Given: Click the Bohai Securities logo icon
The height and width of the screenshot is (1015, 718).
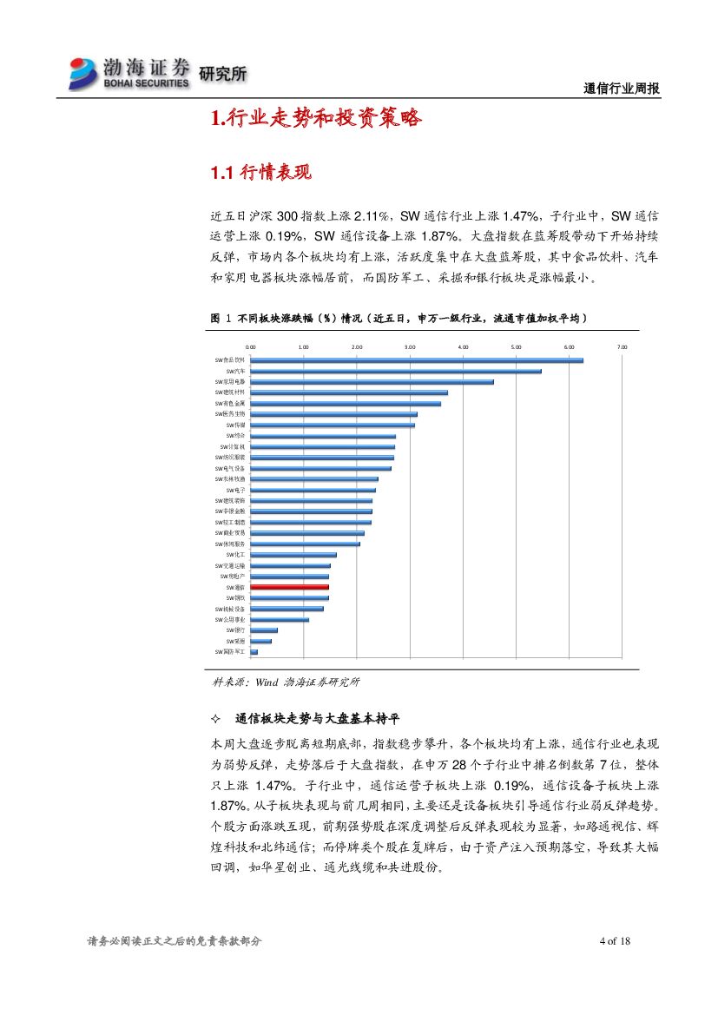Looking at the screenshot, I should tap(85, 73).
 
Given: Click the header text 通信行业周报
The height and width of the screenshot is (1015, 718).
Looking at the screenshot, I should tap(622, 89).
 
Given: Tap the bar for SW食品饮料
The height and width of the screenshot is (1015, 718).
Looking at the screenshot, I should tap(417, 360).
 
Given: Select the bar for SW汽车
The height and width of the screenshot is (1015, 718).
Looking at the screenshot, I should tap(396, 371).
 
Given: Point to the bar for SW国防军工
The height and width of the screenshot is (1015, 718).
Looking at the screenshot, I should tap(254, 651).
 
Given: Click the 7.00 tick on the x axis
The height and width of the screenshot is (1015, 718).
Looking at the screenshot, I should tap(622, 346).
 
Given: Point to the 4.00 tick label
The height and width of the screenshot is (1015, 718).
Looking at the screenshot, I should tap(463, 346).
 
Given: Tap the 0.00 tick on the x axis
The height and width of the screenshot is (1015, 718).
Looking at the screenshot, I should tap(251, 346).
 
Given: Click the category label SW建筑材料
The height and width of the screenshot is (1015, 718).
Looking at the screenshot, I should tap(230, 392).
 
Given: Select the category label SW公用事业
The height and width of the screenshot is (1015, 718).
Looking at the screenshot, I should tap(230, 620).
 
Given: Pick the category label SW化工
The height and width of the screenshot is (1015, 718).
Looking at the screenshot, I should tap(235, 554).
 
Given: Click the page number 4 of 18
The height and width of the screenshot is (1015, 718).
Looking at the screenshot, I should tap(614, 941).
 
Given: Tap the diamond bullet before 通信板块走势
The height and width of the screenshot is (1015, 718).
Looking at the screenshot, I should tap(216, 720).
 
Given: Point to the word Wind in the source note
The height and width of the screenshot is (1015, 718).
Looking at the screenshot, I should tap(266, 682).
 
